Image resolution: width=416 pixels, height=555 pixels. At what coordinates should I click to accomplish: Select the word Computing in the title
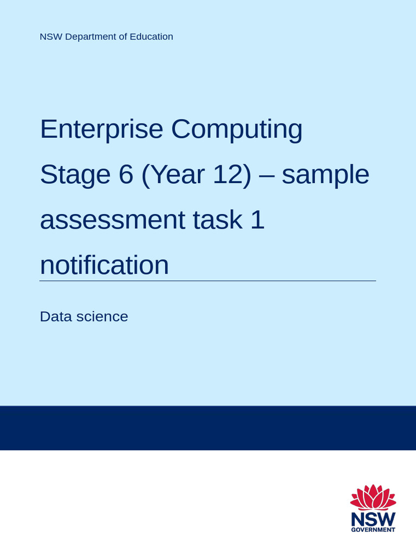(x=237, y=130)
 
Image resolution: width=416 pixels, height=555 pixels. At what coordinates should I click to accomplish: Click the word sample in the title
(x=326, y=175)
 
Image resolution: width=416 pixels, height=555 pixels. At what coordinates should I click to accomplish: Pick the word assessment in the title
(x=112, y=220)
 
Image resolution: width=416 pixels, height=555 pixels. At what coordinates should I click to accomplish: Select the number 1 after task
(x=258, y=220)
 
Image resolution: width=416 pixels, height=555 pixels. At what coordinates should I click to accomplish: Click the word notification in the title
(x=104, y=265)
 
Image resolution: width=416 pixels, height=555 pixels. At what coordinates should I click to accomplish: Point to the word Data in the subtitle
(x=55, y=317)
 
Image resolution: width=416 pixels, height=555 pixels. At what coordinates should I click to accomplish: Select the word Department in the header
(x=91, y=37)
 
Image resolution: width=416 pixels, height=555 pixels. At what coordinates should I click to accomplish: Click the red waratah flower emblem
(x=373, y=497)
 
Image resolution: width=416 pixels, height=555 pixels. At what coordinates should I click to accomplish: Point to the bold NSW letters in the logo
(x=373, y=519)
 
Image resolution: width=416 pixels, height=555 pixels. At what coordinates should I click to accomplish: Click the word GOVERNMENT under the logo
(x=373, y=530)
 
